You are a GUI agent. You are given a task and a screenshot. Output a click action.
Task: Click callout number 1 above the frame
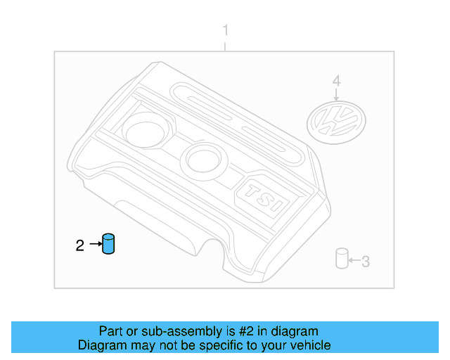(225, 31)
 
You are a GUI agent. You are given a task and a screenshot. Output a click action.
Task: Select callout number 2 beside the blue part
(80, 245)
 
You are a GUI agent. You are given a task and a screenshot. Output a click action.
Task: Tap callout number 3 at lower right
(365, 262)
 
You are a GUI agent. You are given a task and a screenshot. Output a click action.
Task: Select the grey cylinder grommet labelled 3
(342, 259)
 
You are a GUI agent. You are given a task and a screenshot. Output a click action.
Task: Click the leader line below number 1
(225, 45)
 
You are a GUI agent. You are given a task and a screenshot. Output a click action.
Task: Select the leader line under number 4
(336, 93)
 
